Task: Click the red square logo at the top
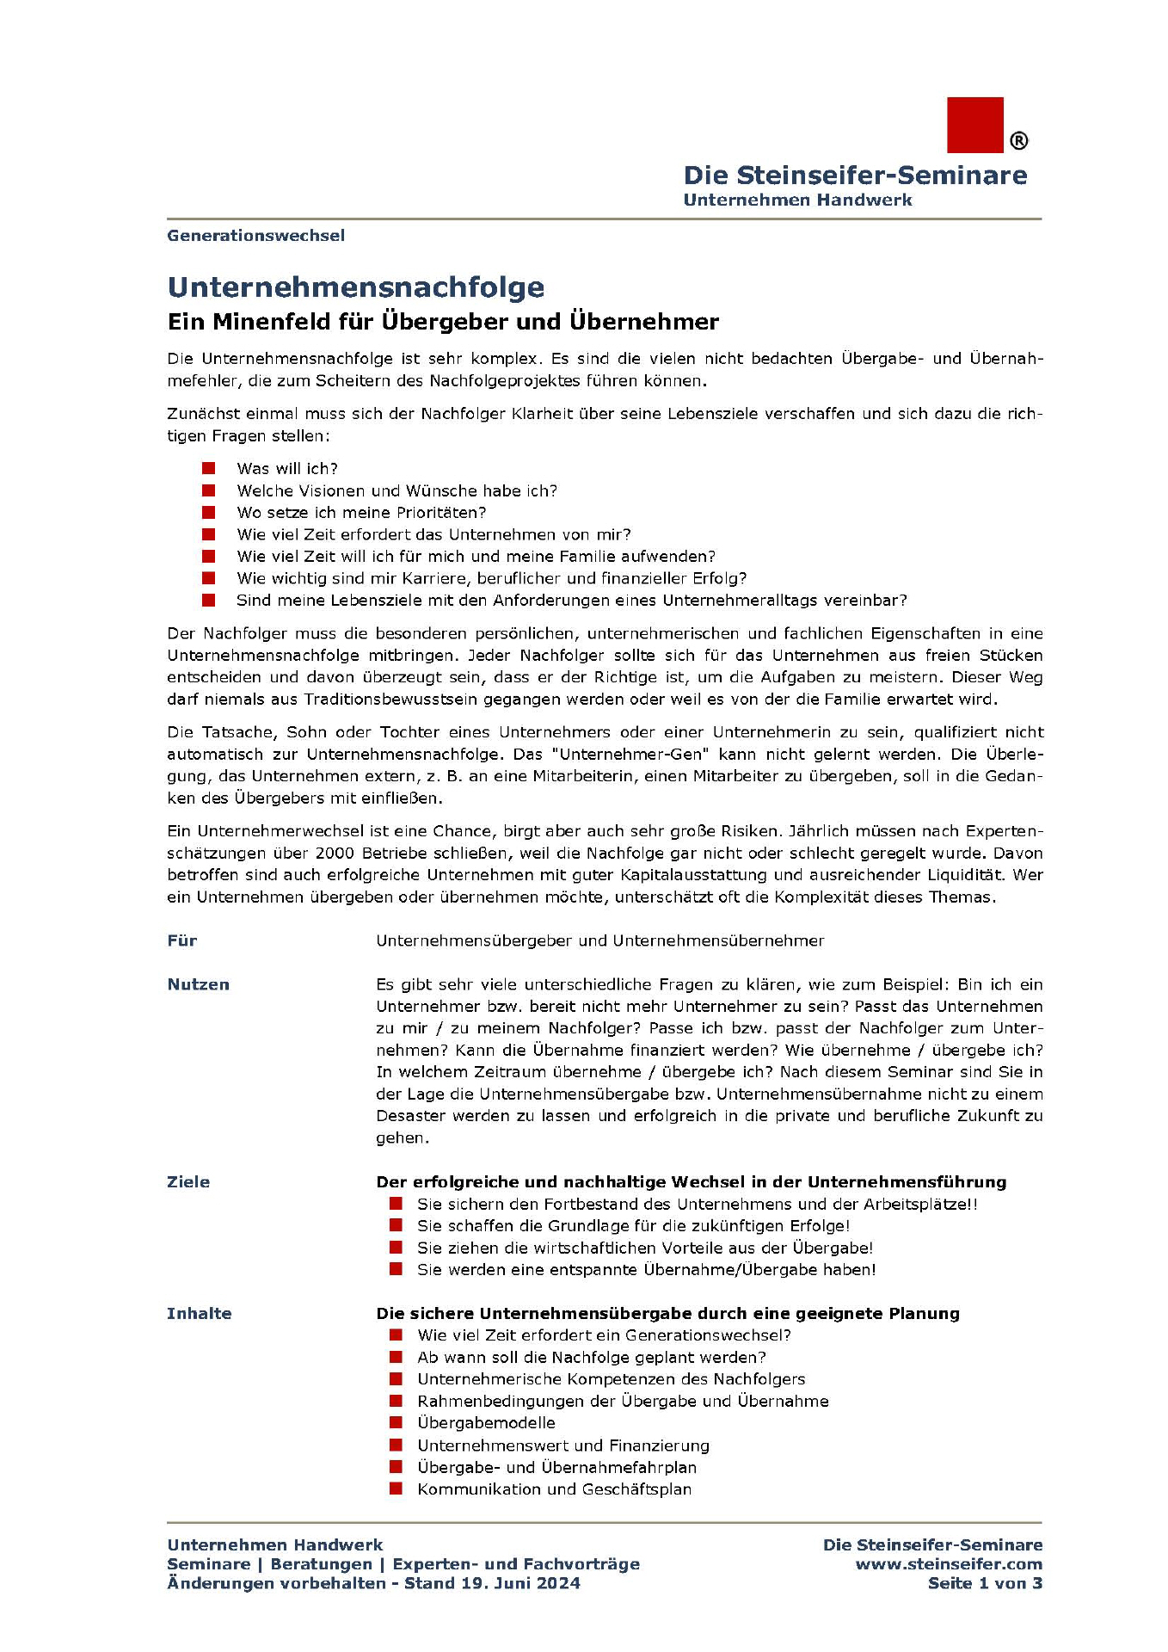[x=974, y=125]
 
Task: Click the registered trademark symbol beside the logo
[x=1018, y=140]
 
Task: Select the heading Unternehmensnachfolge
[x=355, y=287]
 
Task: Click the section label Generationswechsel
[x=255, y=236]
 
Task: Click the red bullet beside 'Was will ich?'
[x=208, y=468]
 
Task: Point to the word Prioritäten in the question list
[x=440, y=513]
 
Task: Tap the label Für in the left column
[x=182, y=940]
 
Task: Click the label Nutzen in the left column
[x=198, y=984]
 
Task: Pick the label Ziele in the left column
[x=188, y=1182]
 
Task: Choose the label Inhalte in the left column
[x=199, y=1314]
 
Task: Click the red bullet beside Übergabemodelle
[x=396, y=1423]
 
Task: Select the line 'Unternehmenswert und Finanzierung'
[x=563, y=1445]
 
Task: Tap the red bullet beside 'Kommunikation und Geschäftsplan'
[x=396, y=1489]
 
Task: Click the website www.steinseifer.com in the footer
[x=949, y=1564]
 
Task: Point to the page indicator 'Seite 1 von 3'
[x=985, y=1583]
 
